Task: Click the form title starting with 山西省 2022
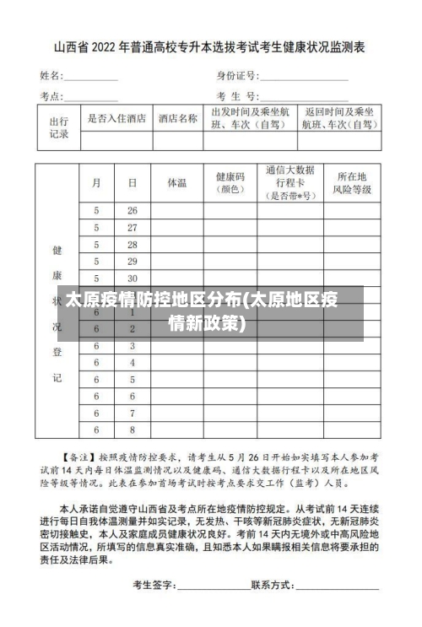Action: (x=210, y=49)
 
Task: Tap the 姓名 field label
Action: (x=51, y=75)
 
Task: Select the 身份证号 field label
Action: (x=236, y=75)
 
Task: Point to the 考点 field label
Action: (x=51, y=95)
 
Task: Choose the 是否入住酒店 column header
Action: (x=116, y=119)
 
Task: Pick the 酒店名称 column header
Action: (x=178, y=119)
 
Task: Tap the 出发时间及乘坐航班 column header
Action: (x=250, y=118)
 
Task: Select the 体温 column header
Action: (x=177, y=182)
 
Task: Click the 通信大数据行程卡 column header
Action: (x=289, y=182)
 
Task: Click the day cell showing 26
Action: (x=132, y=210)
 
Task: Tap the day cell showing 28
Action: (x=132, y=244)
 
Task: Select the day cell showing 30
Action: (x=132, y=278)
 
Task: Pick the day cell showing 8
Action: (x=132, y=413)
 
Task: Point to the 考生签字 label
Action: (x=153, y=585)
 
